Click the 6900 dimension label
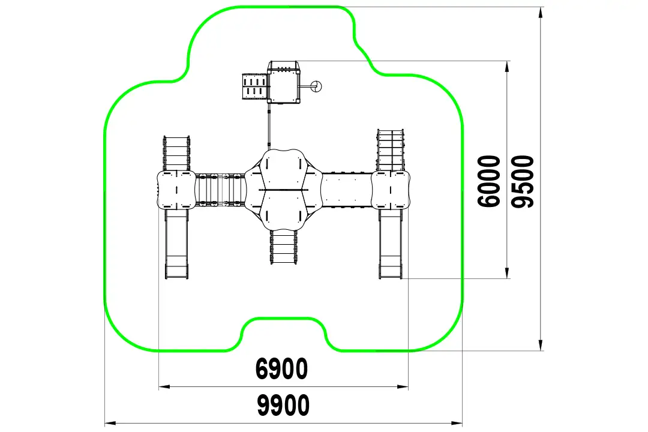tap(281, 369)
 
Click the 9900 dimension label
tap(283, 405)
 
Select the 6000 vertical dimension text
tap(489, 181)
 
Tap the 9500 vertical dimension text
tap(523, 181)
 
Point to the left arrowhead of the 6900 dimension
tap(164, 387)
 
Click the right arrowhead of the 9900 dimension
tap(457, 424)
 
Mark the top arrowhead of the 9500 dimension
tap(541, 13)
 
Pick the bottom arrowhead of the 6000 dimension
tap(507, 272)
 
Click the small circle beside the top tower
tap(316, 86)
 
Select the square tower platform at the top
tap(283, 82)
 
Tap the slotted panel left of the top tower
tap(255, 86)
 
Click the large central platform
tap(283, 190)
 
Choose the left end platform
tap(176, 190)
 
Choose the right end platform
tap(391, 190)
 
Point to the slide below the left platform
tap(176, 244)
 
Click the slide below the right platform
tap(391, 244)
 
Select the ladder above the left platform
tap(176, 153)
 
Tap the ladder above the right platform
tap(391, 150)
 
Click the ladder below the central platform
tap(283, 247)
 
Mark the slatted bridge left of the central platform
tap(220, 190)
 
